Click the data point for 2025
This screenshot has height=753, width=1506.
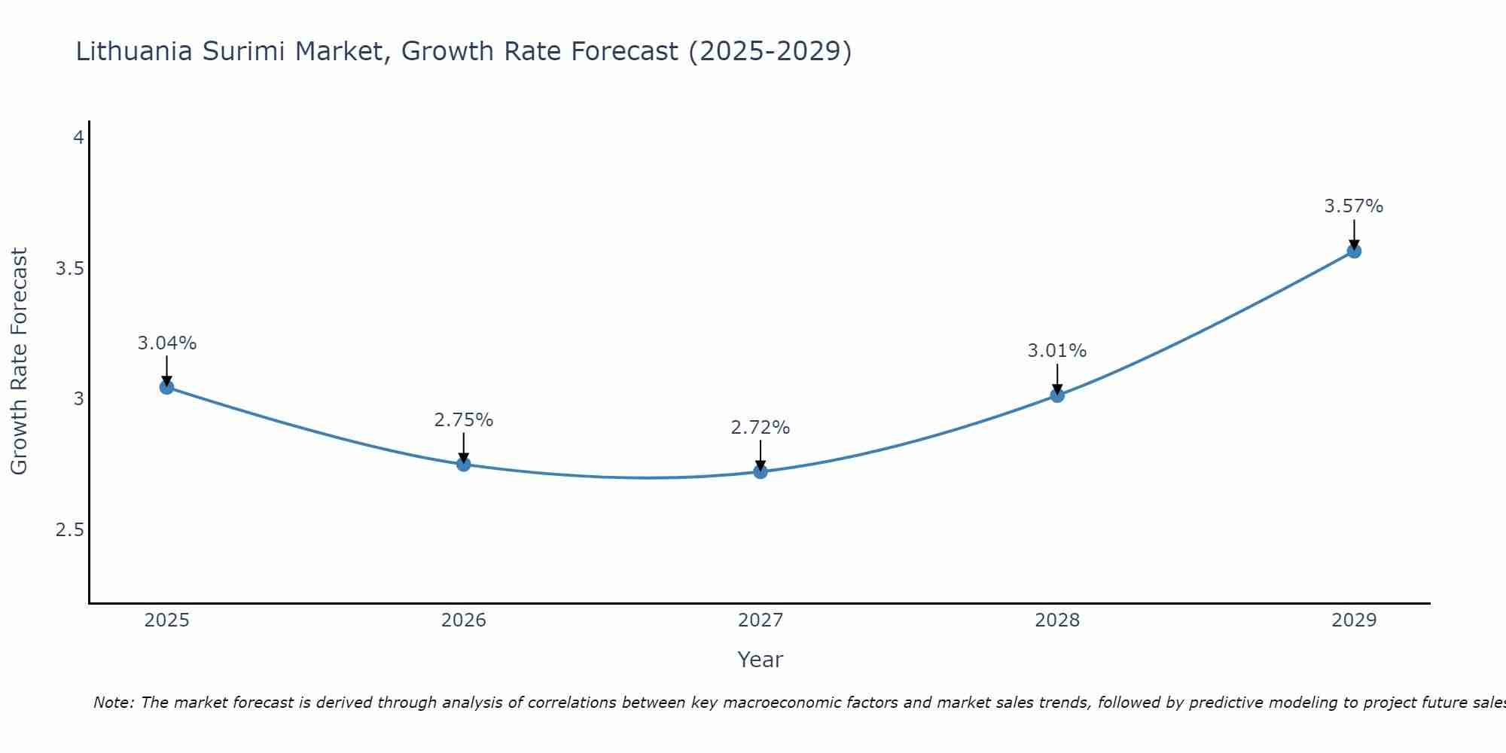pos(166,387)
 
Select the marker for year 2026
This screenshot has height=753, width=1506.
pos(464,464)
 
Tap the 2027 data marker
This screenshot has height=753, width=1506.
pos(761,471)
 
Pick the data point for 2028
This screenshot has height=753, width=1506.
pos(1057,395)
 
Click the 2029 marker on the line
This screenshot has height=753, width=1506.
pos(1354,251)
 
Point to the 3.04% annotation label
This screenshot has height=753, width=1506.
pos(166,343)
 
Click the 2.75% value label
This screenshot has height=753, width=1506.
pos(464,420)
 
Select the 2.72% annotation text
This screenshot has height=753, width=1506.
pos(761,428)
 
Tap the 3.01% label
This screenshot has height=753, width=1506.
pos(1057,351)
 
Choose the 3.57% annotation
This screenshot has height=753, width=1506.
pos(1354,206)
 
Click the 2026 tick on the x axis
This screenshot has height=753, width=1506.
pos(464,620)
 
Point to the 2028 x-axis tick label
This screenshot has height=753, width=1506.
pos(1057,620)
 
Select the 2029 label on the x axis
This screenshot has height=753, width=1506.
pos(1354,620)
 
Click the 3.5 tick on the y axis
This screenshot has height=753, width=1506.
pos(69,269)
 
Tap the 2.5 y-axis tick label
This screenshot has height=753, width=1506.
pos(69,530)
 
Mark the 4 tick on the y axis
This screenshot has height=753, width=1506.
pos(78,138)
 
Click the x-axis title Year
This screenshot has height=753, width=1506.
pos(761,660)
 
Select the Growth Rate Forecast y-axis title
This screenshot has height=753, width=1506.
pos(19,361)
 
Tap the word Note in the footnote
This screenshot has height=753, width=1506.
pos(113,703)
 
